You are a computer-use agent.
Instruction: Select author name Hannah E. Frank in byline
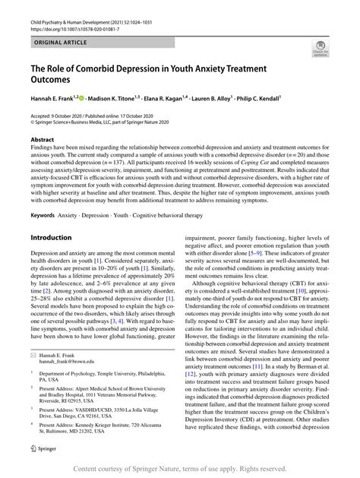click(58, 98)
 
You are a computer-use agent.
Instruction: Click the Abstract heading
click(43, 141)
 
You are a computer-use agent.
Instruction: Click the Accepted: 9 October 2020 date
click(58, 113)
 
